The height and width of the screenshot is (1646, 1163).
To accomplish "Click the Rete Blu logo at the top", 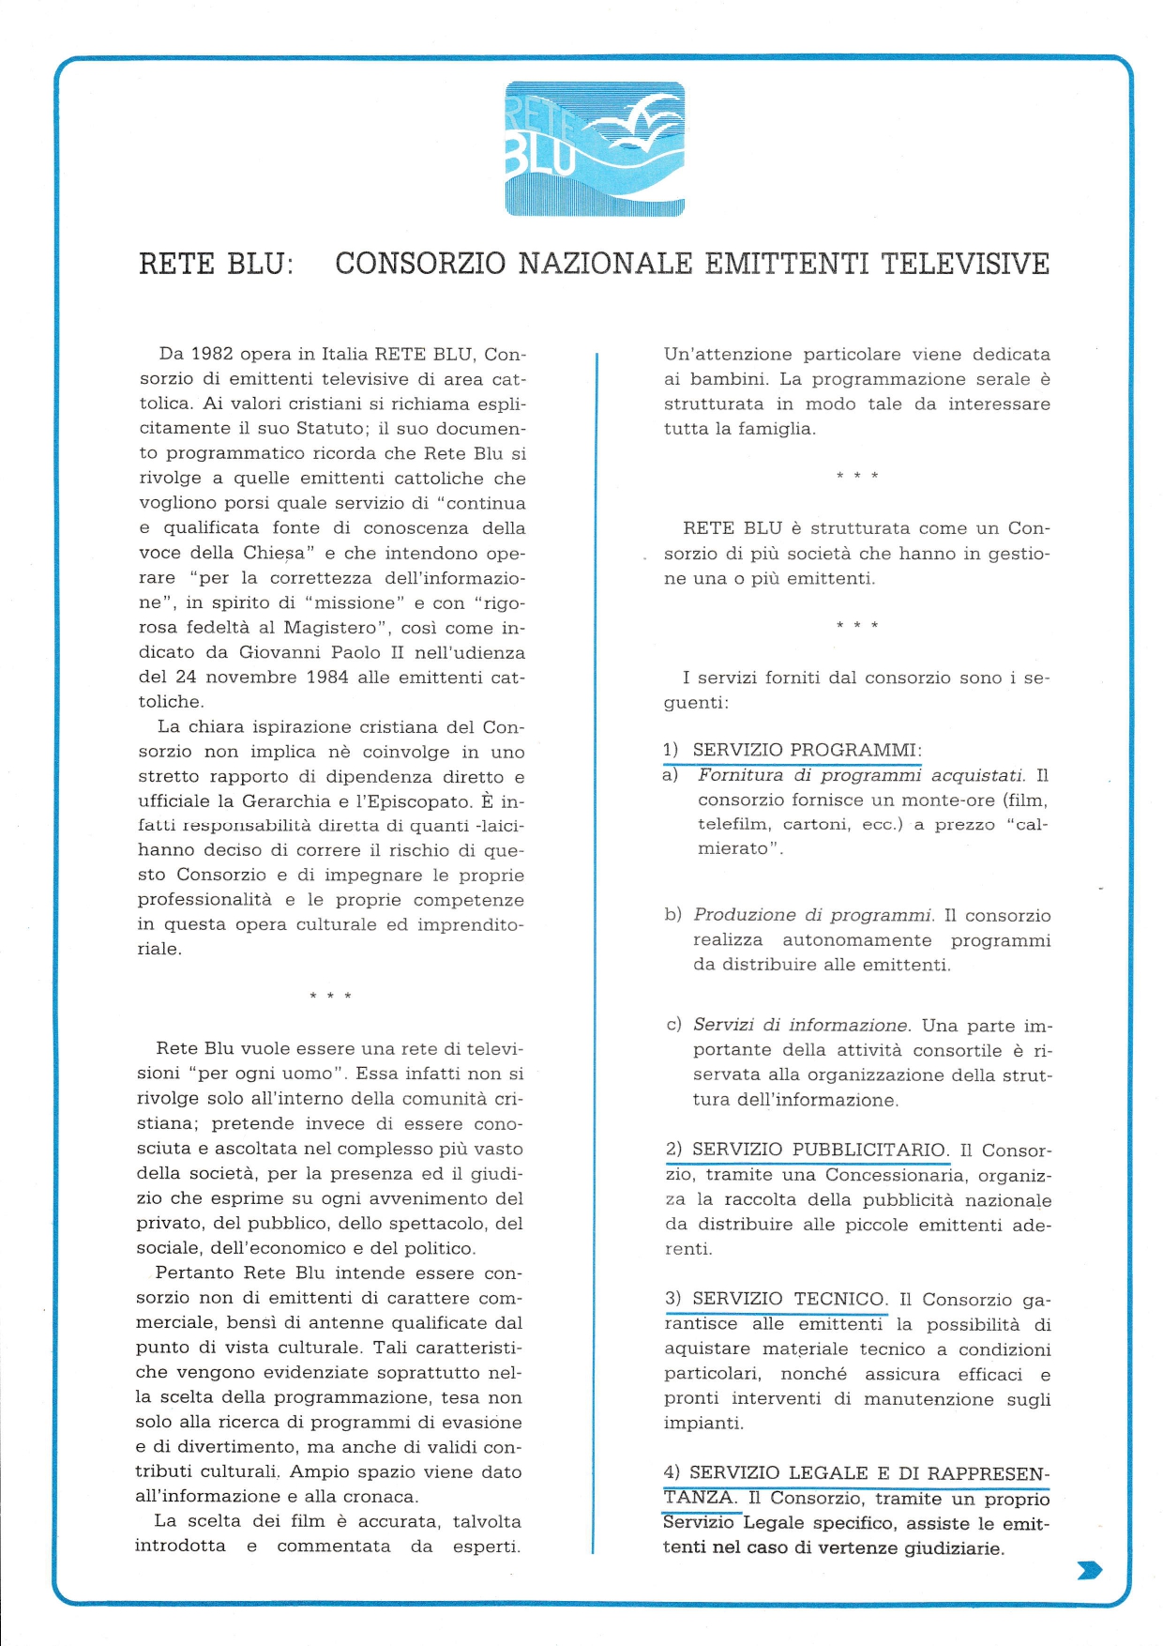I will tap(595, 149).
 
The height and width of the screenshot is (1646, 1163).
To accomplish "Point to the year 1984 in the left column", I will tap(327, 677).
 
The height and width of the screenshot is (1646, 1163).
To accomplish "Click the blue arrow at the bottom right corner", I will tap(1089, 1570).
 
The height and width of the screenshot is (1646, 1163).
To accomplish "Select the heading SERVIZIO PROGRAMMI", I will tap(806, 750).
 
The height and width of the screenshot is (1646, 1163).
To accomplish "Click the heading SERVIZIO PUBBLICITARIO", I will tap(819, 1150).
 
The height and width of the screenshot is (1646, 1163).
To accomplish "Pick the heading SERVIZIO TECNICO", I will tap(789, 1299).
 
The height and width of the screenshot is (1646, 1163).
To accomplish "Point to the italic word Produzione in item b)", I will tap(741, 915).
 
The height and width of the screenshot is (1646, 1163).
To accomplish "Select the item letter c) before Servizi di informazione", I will tap(673, 1025).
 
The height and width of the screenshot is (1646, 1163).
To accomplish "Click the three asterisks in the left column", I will tap(330, 996).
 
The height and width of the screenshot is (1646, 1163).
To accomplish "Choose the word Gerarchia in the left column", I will tap(286, 801).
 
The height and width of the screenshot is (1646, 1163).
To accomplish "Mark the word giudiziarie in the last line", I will tap(954, 1548).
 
